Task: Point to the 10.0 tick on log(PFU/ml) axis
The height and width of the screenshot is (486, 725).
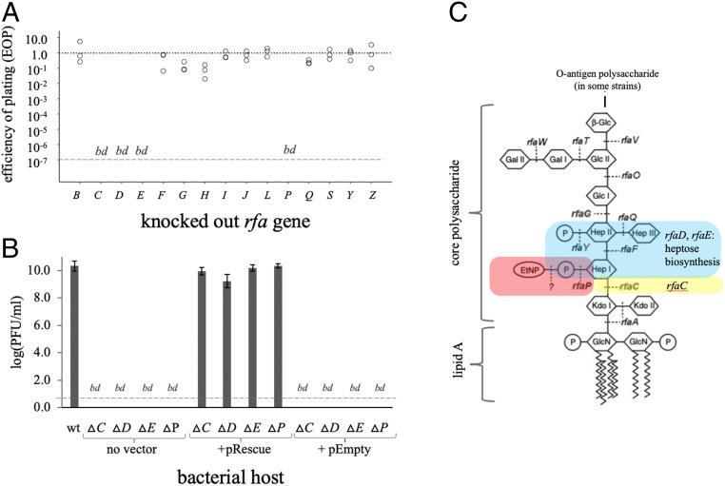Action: (x=49, y=270)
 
